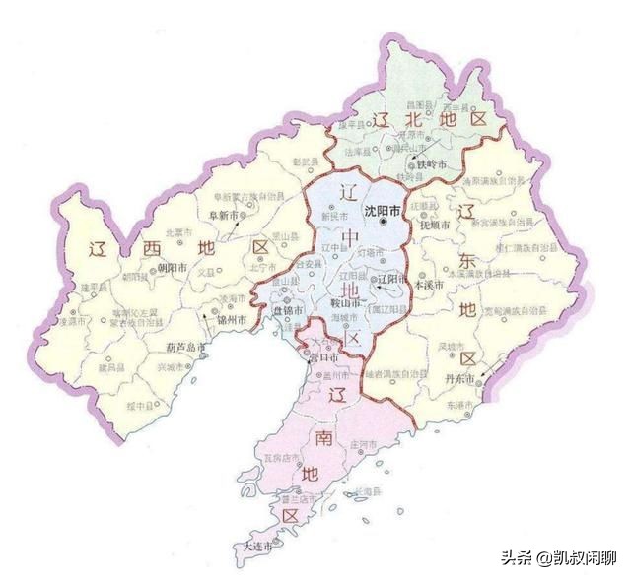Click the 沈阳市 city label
tap(384, 211)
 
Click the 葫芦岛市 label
tap(184, 347)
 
